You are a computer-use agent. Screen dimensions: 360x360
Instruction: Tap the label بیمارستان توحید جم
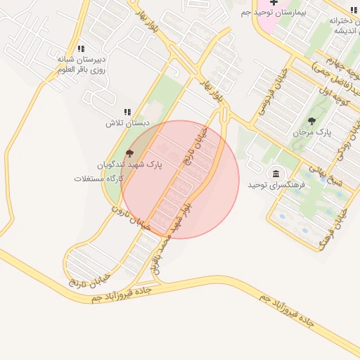[276, 13]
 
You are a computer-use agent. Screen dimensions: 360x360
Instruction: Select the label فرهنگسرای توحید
[275, 184]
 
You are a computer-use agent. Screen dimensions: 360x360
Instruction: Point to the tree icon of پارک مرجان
[311, 121]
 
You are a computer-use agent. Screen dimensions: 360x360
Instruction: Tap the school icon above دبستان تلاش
[127, 112]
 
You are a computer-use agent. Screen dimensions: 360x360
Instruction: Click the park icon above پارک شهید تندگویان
[129, 153]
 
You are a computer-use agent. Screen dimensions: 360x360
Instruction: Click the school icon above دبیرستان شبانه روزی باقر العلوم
[81, 49]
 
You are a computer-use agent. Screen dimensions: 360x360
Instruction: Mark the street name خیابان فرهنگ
[335, 229]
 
